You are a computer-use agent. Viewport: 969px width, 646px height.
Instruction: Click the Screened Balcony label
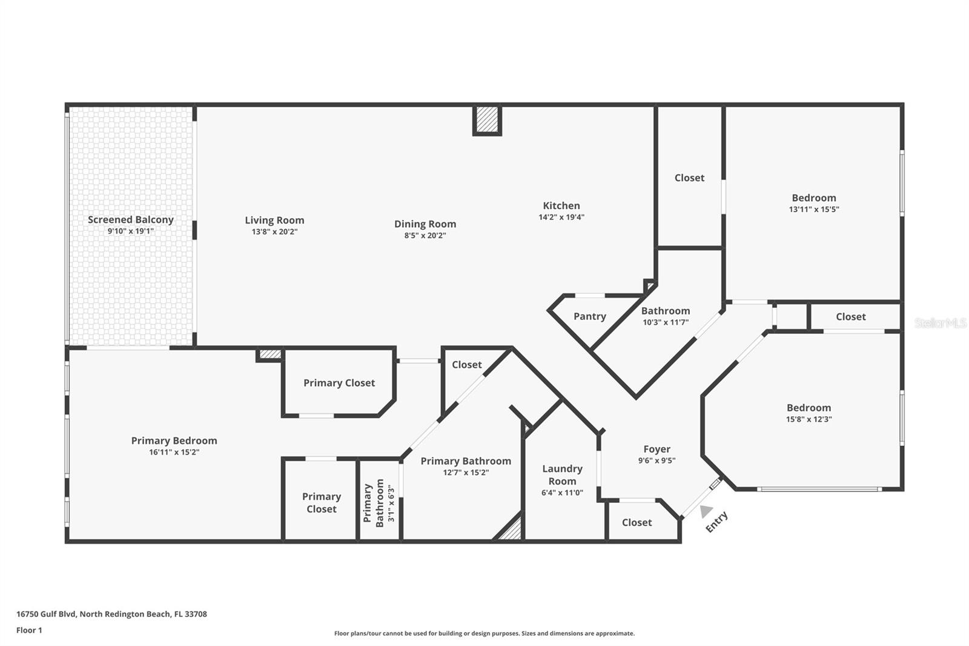tap(130, 219)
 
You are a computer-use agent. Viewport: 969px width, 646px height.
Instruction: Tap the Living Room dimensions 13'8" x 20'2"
tap(274, 232)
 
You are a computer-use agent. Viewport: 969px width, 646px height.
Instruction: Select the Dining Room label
tap(425, 224)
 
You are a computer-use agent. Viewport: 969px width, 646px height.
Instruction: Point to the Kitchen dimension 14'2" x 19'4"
tap(561, 218)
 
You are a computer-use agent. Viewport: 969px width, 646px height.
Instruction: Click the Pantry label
tap(589, 316)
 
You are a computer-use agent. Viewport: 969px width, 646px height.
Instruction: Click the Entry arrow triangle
tap(706, 511)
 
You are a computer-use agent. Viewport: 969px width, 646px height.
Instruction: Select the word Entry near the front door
tap(716, 522)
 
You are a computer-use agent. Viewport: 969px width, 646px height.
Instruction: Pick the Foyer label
tap(656, 449)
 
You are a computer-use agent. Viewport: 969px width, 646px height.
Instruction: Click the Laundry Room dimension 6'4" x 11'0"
tap(562, 493)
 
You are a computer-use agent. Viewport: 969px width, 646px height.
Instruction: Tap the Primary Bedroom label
tap(174, 441)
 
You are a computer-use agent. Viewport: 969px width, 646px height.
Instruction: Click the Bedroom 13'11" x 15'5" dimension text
tap(813, 210)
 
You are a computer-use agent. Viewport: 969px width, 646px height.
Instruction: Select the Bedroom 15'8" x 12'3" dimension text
tap(809, 419)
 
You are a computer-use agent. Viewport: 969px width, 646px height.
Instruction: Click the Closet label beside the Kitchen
tap(689, 178)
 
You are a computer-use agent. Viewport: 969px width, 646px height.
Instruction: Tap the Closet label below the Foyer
tap(637, 522)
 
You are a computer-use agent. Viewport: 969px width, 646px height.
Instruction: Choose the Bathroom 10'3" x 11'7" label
tap(665, 311)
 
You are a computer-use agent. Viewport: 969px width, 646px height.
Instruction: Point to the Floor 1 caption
tap(29, 630)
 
